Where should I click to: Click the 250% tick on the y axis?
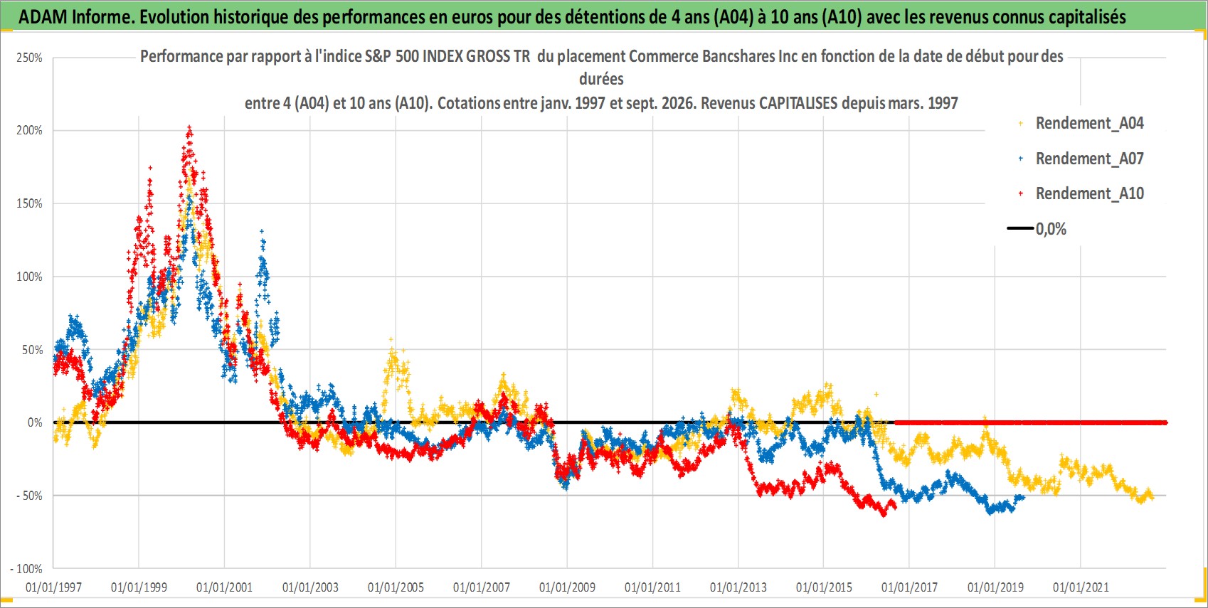tap(29, 58)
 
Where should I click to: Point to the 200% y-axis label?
tap(29, 130)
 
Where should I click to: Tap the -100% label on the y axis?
tap(26, 569)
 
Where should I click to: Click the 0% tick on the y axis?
tap(35, 422)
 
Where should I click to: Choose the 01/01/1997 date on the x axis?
tap(53, 587)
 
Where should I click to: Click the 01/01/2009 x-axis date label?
tap(567, 587)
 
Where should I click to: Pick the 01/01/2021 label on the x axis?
tap(1081, 587)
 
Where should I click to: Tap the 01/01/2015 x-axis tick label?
tap(824, 587)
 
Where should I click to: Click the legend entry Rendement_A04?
tap(1089, 124)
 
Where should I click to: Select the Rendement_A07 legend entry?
tap(1089, 159)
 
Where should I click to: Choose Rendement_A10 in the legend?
tap(1089, 193)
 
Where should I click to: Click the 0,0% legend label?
tap(1051, 229)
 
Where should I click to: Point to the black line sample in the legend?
tap(1020, 228)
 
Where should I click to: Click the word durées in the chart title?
tap(601, 79)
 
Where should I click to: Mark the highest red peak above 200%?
tap(189, 128)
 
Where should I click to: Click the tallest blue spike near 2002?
tap(262, 232)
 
